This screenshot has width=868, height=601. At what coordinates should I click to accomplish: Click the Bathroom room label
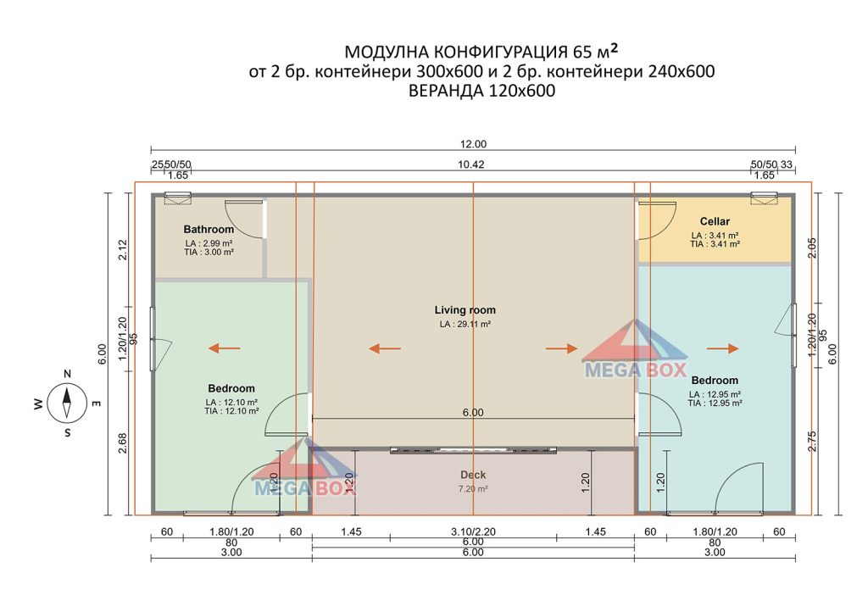coord(209,229)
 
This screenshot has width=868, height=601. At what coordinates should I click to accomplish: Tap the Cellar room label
coord(715,221)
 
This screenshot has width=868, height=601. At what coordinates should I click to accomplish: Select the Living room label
coord(465,310)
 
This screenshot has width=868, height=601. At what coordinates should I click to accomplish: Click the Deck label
coord(473,475)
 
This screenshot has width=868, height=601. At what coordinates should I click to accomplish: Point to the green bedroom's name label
coord(231,388)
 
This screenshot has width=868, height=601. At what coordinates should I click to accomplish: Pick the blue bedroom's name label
coord(715,381)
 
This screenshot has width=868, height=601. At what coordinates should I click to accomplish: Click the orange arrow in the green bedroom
coord(224,348)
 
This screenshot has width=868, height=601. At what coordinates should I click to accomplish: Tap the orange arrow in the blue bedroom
coord(723,348)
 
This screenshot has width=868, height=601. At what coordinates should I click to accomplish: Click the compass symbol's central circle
coord(67,403)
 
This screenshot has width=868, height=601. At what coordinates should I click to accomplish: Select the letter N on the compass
coord(67,374)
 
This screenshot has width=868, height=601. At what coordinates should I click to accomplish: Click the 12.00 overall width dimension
coord(473,144)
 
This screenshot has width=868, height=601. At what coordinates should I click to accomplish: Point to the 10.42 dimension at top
coord(471,164)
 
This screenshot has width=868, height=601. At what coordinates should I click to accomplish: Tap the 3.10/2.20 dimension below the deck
coord(473,531)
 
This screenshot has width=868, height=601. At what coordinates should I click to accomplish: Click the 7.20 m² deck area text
coord(473,488)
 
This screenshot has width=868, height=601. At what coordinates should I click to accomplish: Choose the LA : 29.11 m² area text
coord(465,325)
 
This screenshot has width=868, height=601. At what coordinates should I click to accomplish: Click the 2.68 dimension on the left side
coord(123,442)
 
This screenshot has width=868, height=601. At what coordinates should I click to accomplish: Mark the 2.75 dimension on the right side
coord(812,441)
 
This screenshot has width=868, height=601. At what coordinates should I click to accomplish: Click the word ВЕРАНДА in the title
coord(446,91)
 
